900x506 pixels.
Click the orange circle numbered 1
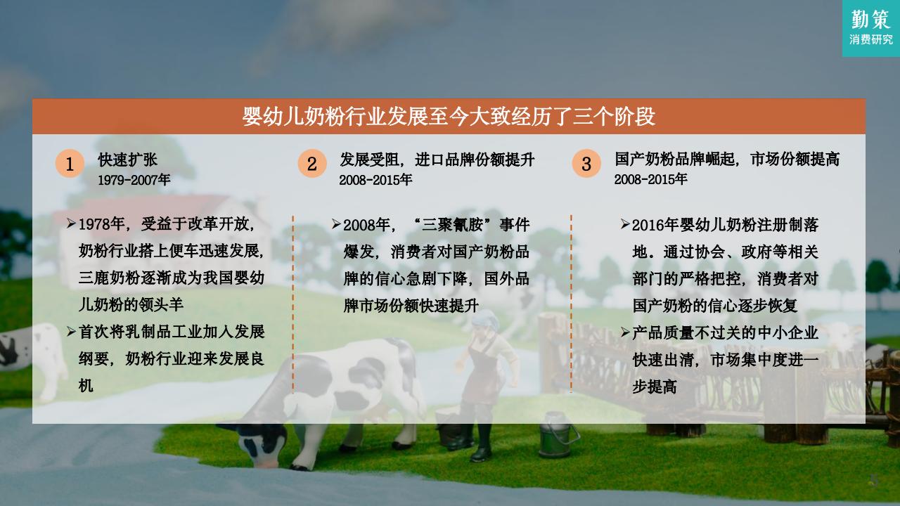coord(70,164)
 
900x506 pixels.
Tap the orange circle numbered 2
coord(312,164)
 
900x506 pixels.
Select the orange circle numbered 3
coord(586,164)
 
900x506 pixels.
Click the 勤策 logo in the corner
coord(871,28)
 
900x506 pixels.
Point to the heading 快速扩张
coord(128,160)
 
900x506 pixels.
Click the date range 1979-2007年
coord(134,179)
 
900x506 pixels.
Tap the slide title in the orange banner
coord(449,117)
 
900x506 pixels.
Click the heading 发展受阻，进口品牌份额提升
coord(437,160)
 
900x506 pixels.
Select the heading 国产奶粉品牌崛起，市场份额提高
coord(727,159)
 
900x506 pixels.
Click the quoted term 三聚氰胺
coord(452,224)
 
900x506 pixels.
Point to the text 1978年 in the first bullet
coord(102,224)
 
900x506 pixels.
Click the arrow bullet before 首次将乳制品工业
coord(72,332)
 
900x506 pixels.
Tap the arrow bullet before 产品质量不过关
coord(625,332)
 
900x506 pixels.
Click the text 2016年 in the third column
coord(655,225)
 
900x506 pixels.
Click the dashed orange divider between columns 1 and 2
coord(293,304)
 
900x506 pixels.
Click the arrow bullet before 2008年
coord(336,224)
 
